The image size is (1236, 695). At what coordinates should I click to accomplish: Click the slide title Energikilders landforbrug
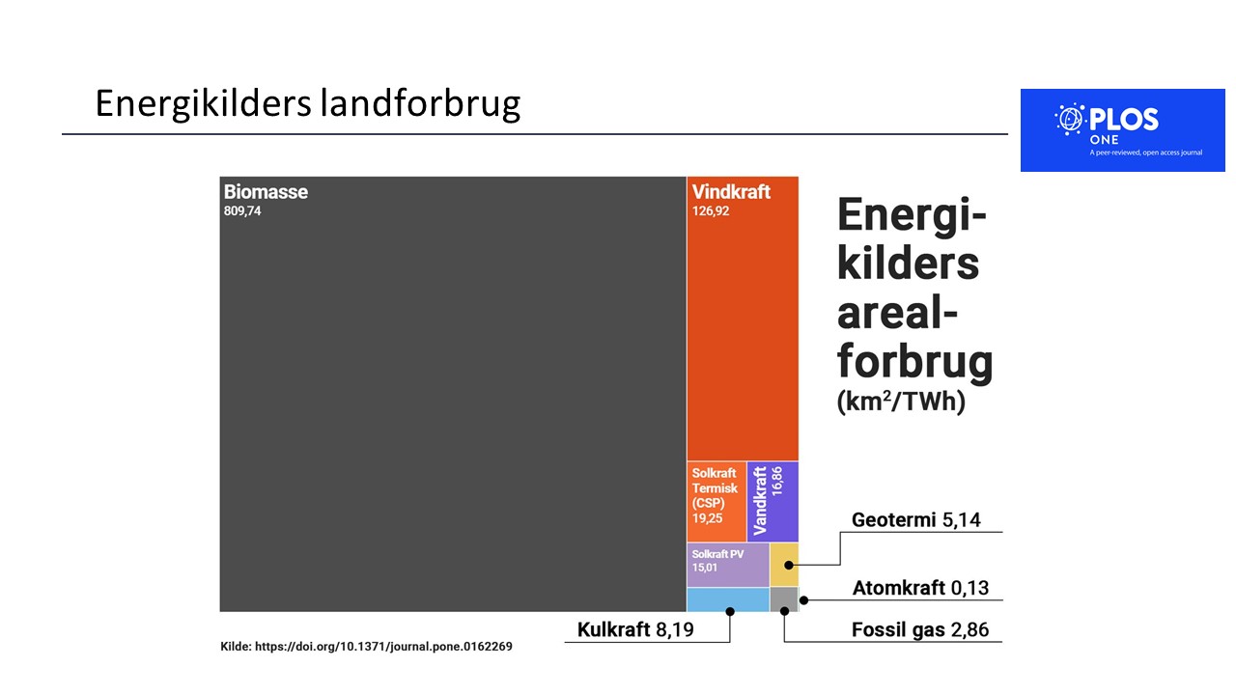[x=308, y=103]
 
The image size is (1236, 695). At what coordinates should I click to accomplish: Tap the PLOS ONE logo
[x=1122, y=130]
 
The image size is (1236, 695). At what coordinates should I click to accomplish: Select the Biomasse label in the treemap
[x=266, y=192]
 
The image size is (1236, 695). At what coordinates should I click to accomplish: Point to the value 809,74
[x=242, y=211]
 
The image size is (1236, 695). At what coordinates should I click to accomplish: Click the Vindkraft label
[x=731, y=192]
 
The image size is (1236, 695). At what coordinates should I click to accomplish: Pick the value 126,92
[x=711, y=211]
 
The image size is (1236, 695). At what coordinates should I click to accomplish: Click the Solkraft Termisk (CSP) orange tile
[x=716, y=501]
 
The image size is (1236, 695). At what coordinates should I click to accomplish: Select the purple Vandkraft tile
[x=772, y=501]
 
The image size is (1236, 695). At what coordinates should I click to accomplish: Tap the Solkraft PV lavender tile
[x=728, y=565]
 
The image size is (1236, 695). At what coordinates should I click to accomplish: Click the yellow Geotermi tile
[x=784, y=565]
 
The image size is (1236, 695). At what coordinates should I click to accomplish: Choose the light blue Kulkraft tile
[x=728, y=599]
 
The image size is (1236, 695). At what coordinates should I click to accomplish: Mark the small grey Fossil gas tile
[x=783, y=599]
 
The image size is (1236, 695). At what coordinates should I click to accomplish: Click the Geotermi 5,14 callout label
[x=916, y=519]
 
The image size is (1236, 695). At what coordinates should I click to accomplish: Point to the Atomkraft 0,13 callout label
[x=920, y=588]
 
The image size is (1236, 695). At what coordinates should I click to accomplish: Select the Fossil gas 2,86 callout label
[x=920, y=629]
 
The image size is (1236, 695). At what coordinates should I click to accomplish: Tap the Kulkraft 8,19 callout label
[x=635, y=629]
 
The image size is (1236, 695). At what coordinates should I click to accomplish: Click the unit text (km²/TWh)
[x=901, y=401]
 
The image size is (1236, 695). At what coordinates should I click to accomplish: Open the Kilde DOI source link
[x=366, y=647]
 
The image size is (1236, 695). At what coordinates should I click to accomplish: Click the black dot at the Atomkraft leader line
[x=804, y=600]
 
